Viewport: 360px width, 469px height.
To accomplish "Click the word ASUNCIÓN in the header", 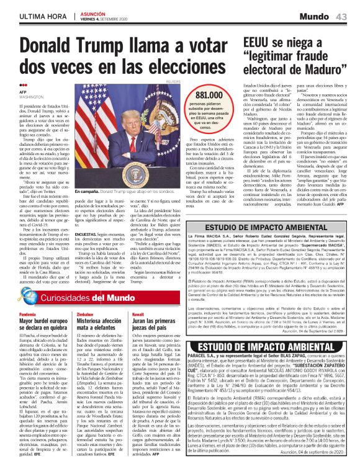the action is tap(94, 12).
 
